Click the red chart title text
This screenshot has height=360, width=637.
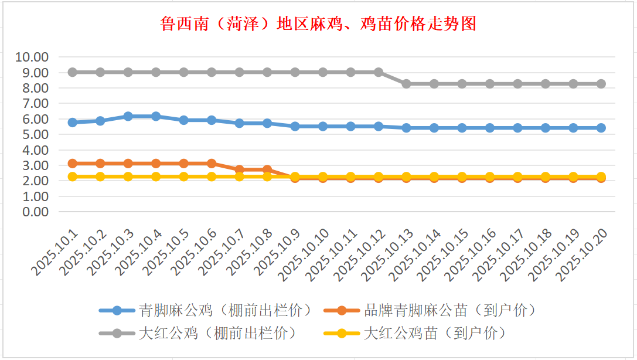tap(318, 24)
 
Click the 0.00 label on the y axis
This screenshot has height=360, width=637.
tap(35, 212)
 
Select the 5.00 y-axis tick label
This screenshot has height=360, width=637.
tap(35, 134)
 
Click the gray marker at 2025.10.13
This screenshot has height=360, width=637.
tap(407, 84)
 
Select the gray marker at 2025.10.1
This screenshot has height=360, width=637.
tap(73, 72)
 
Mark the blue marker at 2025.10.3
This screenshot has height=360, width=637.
tap(128, 117)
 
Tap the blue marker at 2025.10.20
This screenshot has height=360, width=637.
tap(601, 128)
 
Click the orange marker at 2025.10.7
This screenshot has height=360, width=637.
tap(240, 169)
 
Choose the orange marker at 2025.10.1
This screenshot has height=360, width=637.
tap(73, 164)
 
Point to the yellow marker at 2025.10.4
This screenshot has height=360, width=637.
tap(156, 176)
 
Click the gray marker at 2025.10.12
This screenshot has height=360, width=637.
tap(379, 72)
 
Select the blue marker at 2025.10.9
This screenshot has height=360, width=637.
tap(295, 126)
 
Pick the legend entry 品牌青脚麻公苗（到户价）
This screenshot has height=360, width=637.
tap(449, 310)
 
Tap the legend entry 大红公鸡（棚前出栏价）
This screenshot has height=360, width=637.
tap(217, 333)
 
